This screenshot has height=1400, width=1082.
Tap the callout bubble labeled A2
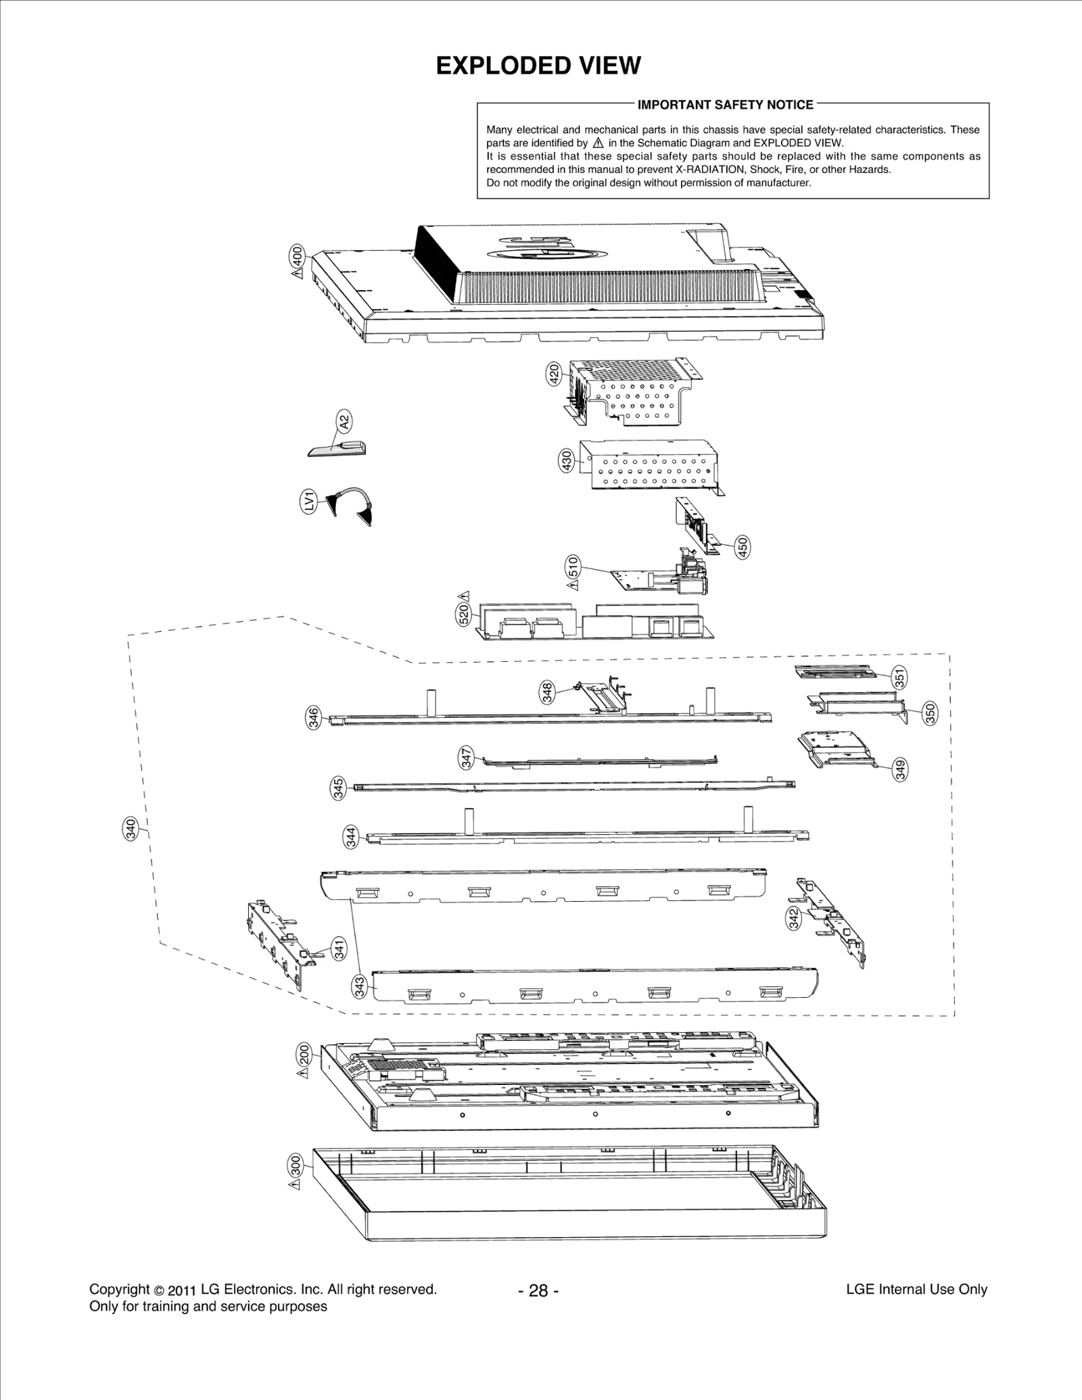click(x=344, y=423)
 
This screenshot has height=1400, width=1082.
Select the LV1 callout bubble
click(x=308, y=502)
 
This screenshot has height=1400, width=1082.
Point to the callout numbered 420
click(x=554, y=373)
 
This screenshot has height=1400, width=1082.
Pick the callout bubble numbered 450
click(x=743, y=546)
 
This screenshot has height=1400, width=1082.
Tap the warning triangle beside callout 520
click(x=465, y=596)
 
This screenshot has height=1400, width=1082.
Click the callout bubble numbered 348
click(x=547, y=692)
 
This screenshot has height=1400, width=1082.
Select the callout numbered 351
click(x=900, y=677)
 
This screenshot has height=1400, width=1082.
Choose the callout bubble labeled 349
click(x=900, y=770)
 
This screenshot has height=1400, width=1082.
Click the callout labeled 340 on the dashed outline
click(x=131, y=827)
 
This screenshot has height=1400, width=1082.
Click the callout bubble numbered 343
click(x=360, y=987)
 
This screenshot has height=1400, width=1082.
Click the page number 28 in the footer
click(x=538, y=1290)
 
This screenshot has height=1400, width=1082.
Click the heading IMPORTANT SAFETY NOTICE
click(x=726, y=105)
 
